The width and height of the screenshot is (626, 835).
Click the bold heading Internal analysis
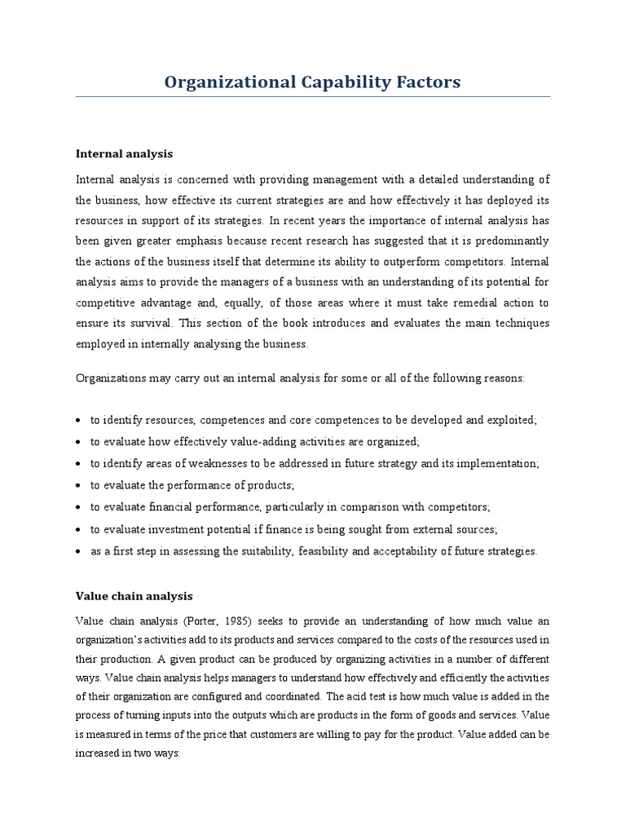tap(124, 153)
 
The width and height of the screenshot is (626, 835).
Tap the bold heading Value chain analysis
tap(134, 596)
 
